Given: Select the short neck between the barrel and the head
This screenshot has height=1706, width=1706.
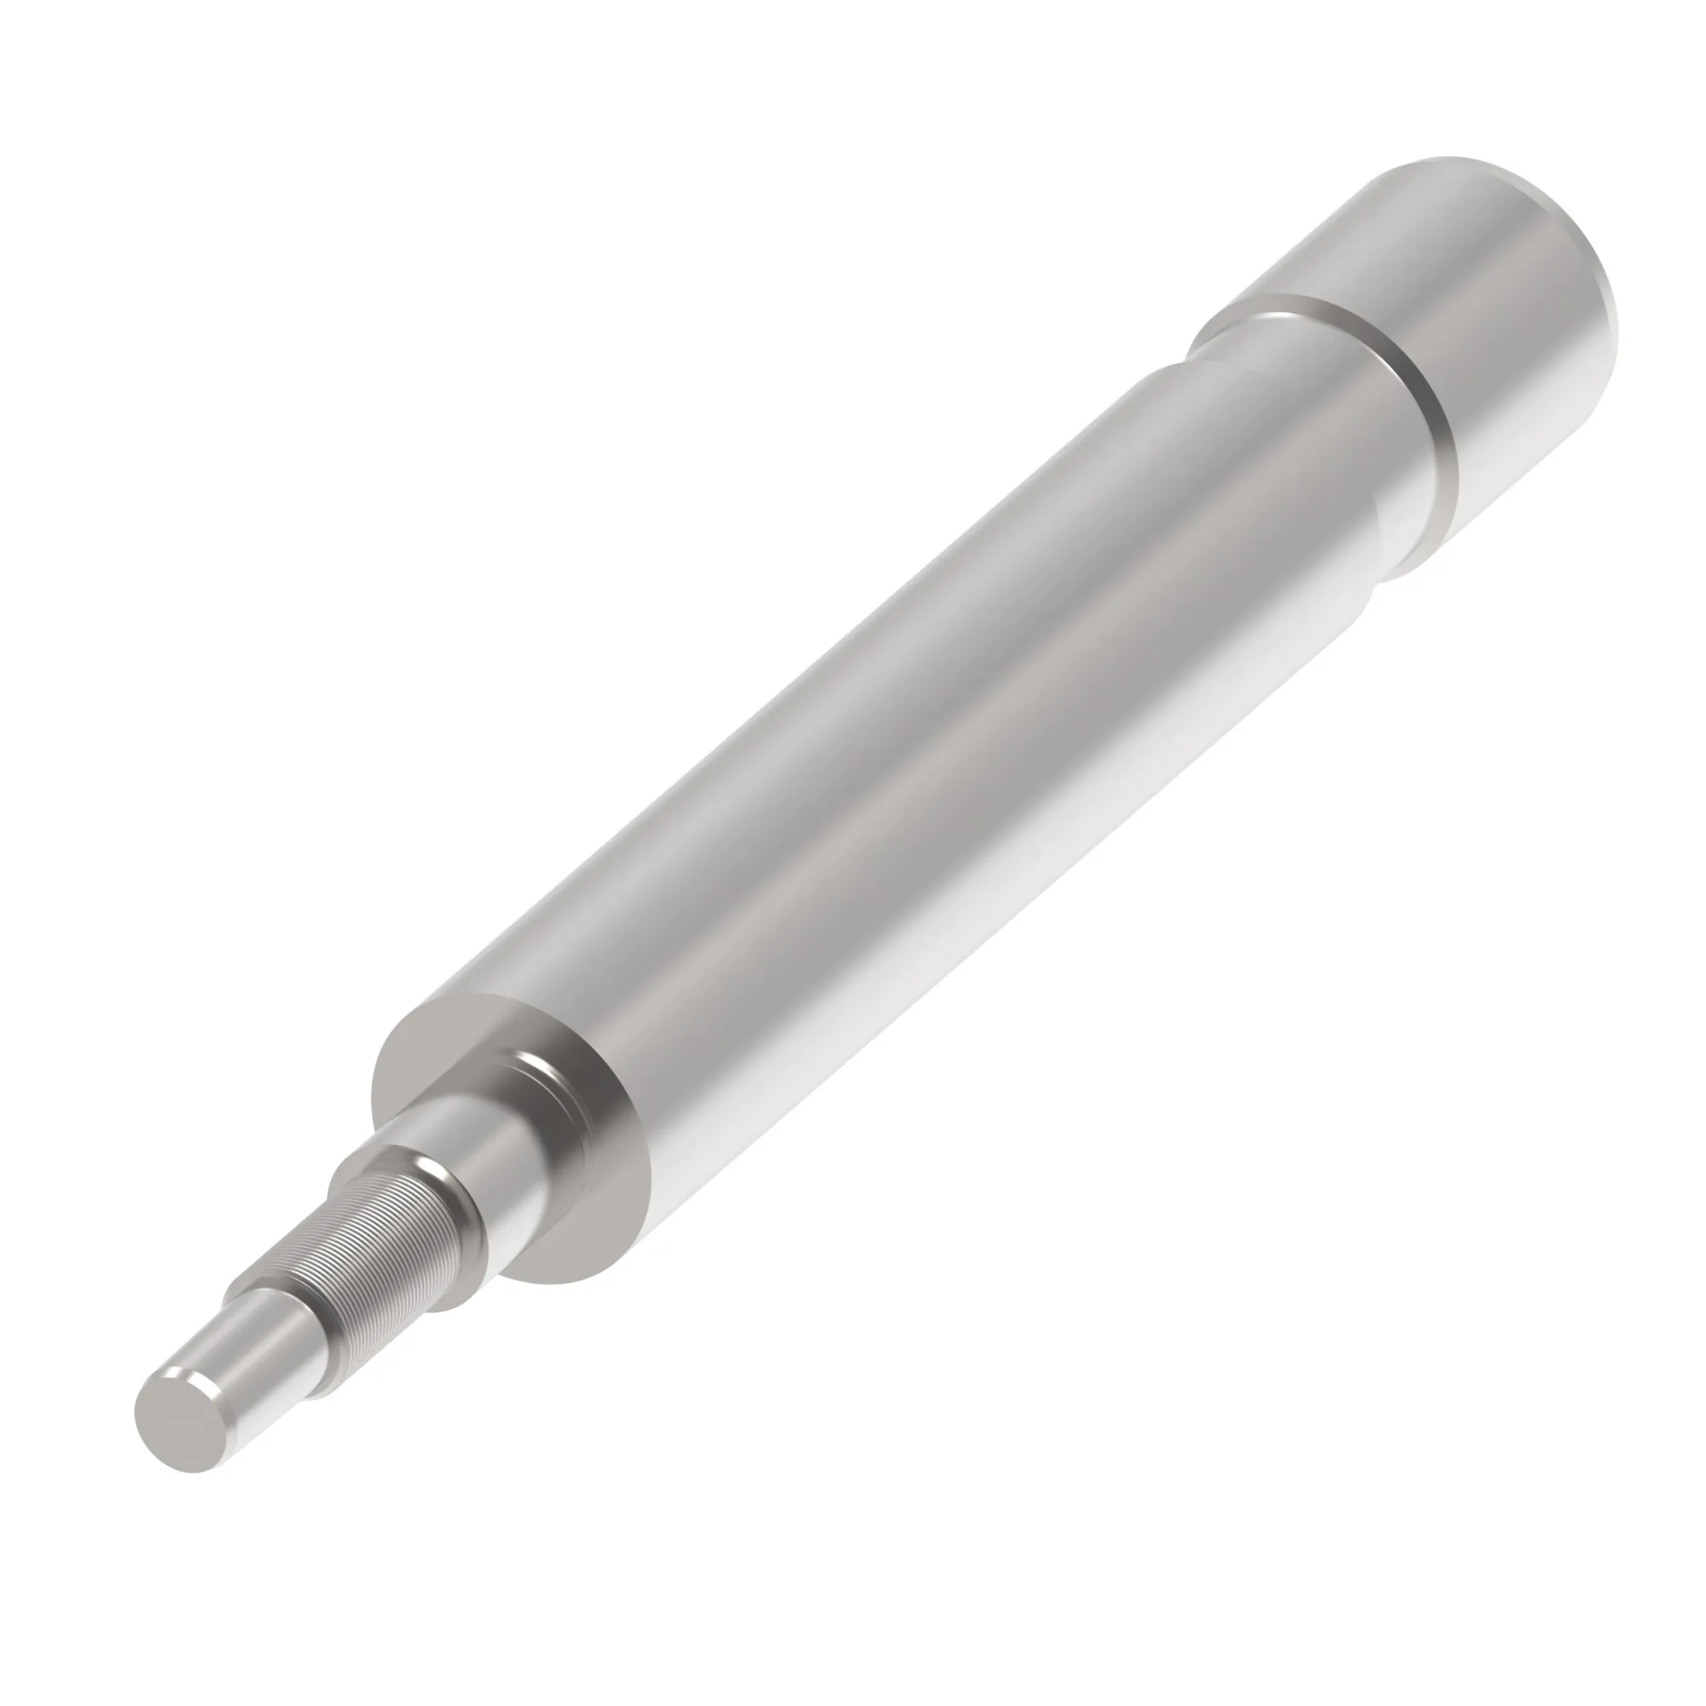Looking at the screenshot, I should coord(1342,415).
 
